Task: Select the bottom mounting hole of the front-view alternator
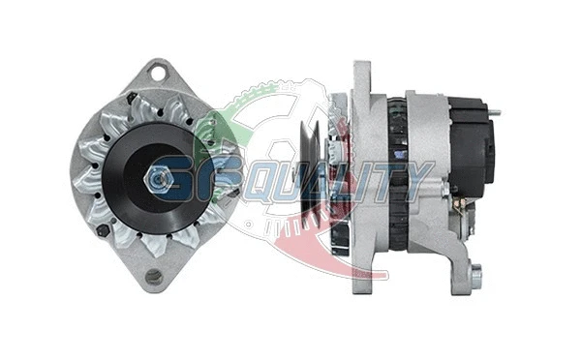coord(153,277)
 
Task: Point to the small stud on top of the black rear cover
coord(494,113)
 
